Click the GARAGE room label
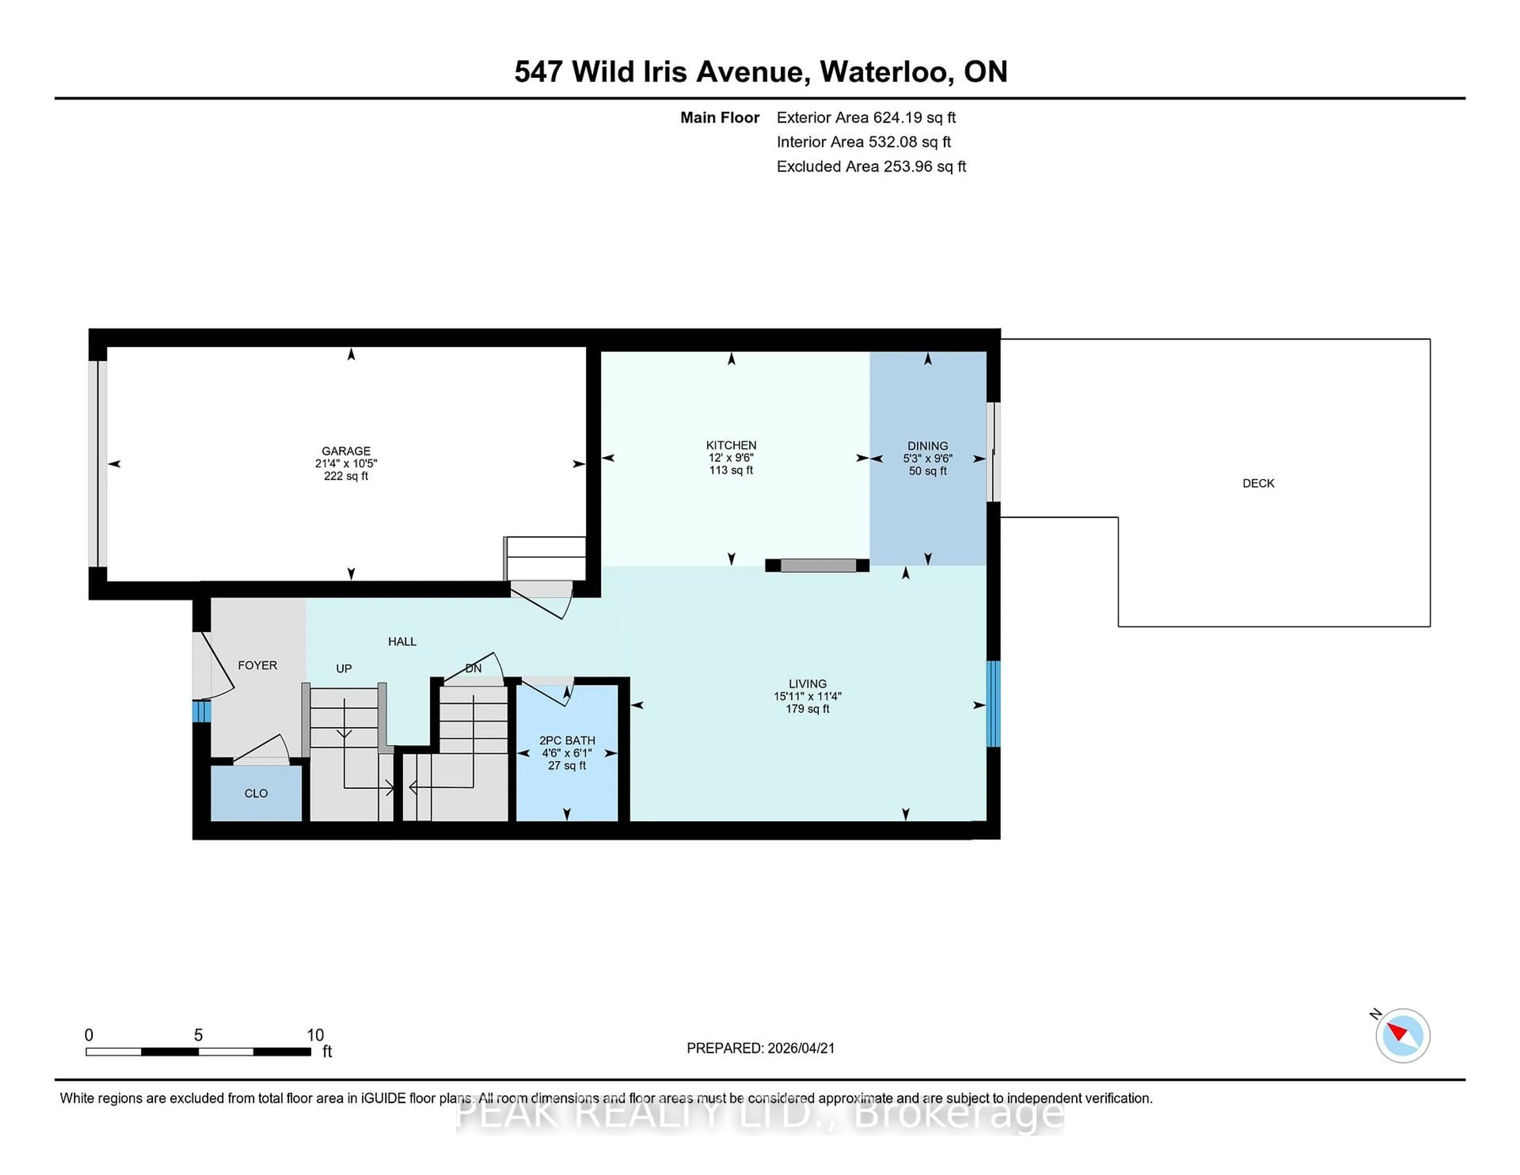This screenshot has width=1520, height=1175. point(346,451)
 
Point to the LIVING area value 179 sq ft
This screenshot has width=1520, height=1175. point(807,709)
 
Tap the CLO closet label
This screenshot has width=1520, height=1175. point(256,793)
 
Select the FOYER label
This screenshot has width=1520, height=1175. point(258,665)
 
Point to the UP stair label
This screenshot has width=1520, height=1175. point(344,668)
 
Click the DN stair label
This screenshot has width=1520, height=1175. point(473,668)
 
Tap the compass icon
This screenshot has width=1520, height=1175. point(1402,1035)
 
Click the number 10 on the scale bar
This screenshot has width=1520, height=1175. point(315,1035)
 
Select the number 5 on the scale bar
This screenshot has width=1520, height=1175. point(198,1035)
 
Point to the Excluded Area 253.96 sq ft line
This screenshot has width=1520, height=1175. point(871,166)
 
